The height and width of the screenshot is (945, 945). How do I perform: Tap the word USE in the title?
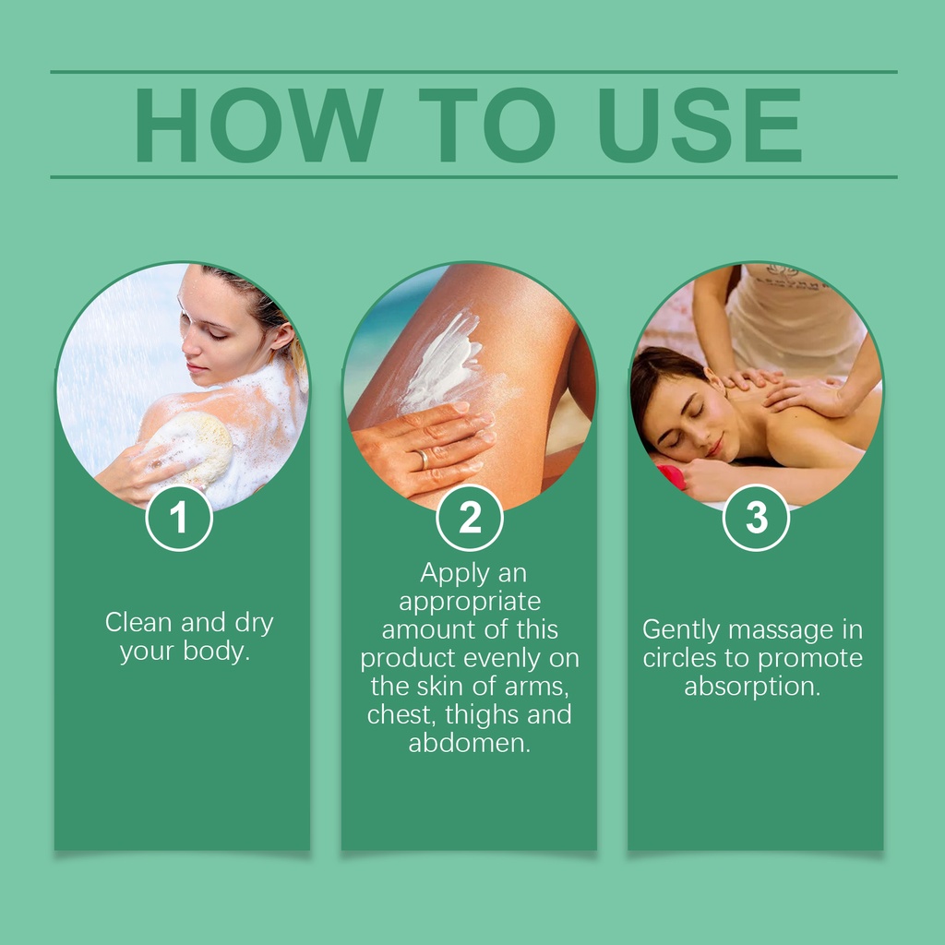coord(700,125)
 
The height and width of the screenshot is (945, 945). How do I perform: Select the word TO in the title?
coord(487,125)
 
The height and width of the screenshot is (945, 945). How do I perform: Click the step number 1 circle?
coord(179,518)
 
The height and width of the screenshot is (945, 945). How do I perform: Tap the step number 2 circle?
coord(470,518)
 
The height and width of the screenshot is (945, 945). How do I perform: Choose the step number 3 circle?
coord(756,518)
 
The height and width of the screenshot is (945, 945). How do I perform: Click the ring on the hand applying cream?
coord(422,459)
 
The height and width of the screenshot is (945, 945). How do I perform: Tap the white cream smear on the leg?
coord(443,362)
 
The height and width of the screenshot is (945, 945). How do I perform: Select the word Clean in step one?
coord(138,623)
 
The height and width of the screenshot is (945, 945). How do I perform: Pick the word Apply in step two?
coord(455,574)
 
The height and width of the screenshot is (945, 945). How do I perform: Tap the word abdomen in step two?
coord(470,743)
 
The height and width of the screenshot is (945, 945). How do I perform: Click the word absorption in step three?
coord(753,688)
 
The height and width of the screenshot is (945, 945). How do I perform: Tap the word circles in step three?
coord(680,658)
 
